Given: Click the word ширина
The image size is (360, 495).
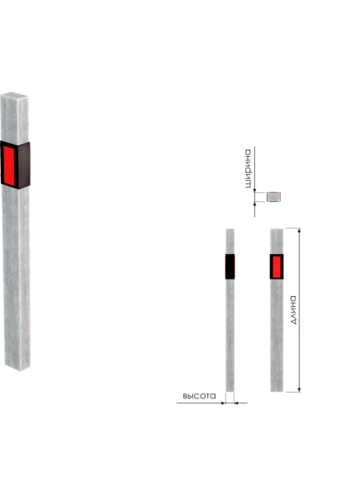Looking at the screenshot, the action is point(249,168).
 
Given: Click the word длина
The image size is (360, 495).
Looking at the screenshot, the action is point(294,310).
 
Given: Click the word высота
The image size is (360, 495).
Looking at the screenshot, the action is point(199,396).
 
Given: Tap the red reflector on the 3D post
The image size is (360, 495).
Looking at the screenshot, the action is point(9,166).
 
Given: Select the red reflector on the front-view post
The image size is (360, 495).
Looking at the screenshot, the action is point(277,266).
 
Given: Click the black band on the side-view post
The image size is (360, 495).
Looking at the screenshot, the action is point(230,266).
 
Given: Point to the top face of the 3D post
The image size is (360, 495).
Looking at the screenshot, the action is point(14,95).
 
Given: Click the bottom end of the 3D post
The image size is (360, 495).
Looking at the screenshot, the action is point(17,368).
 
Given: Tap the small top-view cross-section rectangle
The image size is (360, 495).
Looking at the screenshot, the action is point(273,196).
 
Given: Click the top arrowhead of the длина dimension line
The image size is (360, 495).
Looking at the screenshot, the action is point(300,230).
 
